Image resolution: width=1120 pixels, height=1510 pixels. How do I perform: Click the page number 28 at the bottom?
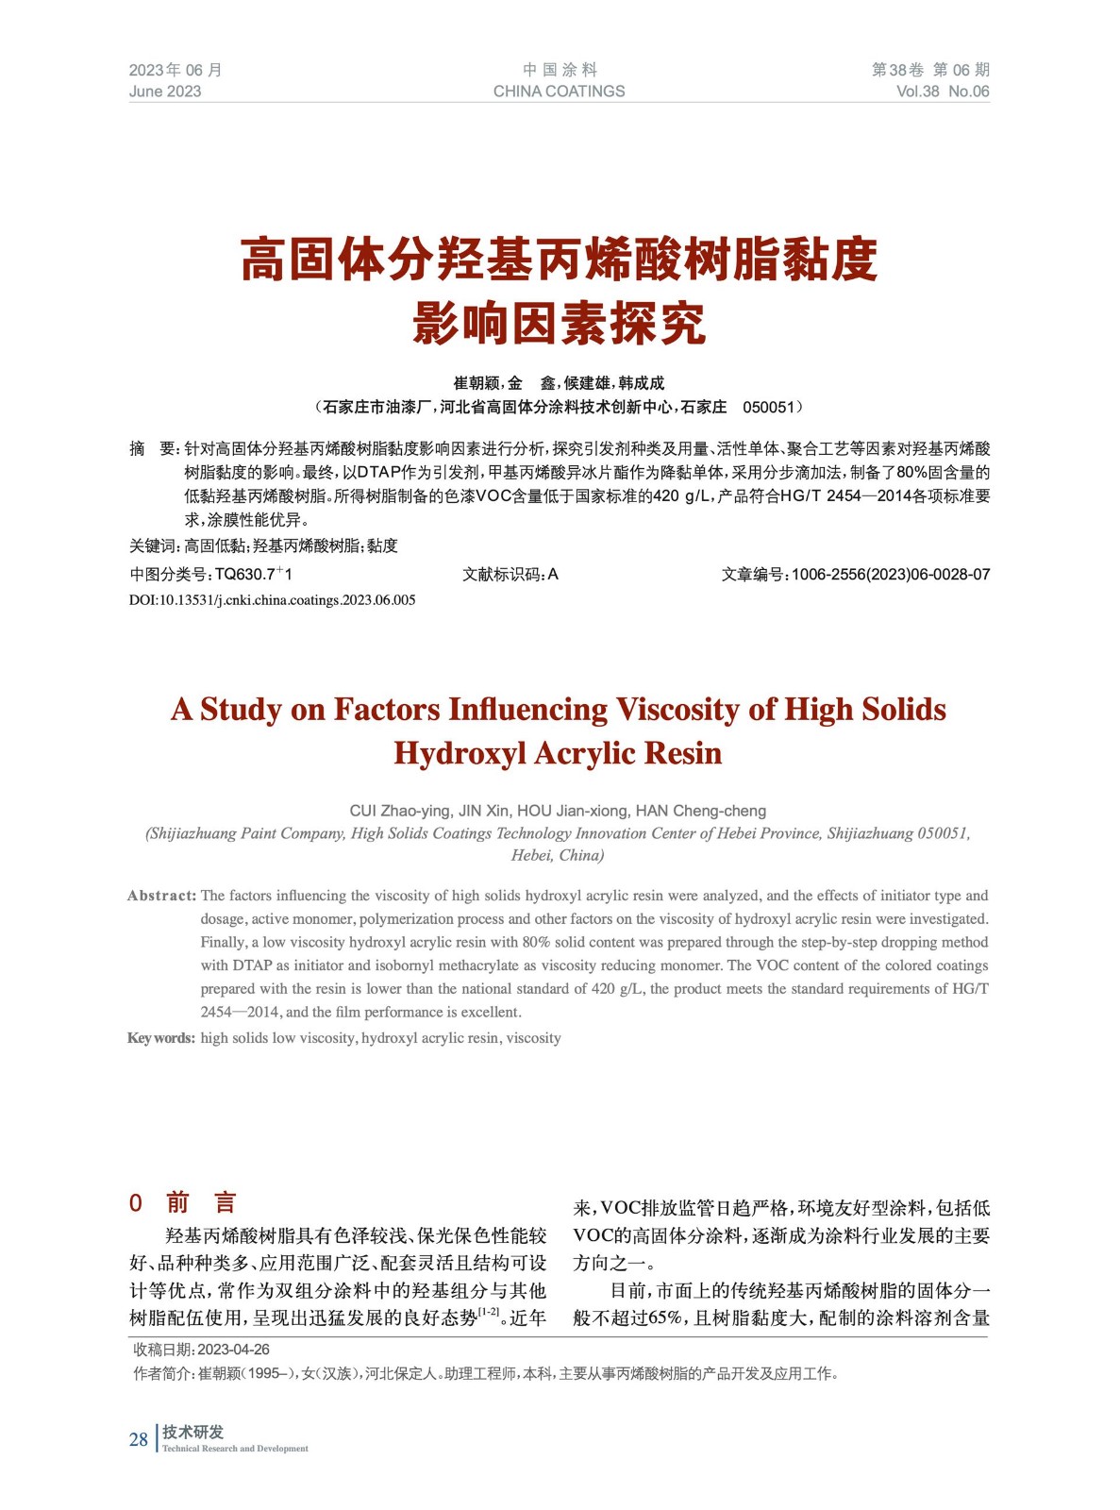click(x=139, y=1439)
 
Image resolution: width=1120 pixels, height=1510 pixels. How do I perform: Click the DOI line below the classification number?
click(x=272, y=600)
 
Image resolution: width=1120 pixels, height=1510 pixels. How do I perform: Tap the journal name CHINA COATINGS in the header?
click(x=559, y=92)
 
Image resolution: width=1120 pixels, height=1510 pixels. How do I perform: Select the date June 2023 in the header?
click(x=165, y=92)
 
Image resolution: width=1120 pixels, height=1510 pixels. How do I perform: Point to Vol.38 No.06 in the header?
click(x=942, y=92)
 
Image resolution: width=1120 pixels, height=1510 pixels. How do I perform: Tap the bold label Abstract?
click(x=162, y=896)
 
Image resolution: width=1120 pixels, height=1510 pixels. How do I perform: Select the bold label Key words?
click(x=161, y=1038)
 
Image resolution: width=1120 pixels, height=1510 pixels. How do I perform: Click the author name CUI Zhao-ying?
click(x=400, y=811)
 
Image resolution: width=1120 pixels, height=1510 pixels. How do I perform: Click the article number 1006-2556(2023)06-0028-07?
click(x=891, y=575)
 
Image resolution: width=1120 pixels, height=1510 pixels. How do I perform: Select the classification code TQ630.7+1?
click(x=254, y=575)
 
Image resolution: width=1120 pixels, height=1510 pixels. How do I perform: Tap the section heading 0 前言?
click(x=183, y=1202)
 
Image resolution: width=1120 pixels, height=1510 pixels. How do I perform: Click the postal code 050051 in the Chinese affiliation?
click(x=768, y=408)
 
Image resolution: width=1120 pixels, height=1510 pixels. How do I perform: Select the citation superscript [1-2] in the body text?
click(x=489, y=1312)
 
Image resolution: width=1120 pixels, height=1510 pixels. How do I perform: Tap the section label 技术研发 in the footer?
click(x=192, y=1432)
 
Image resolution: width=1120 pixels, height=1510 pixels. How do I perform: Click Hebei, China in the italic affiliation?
click(x=558, y=856)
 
